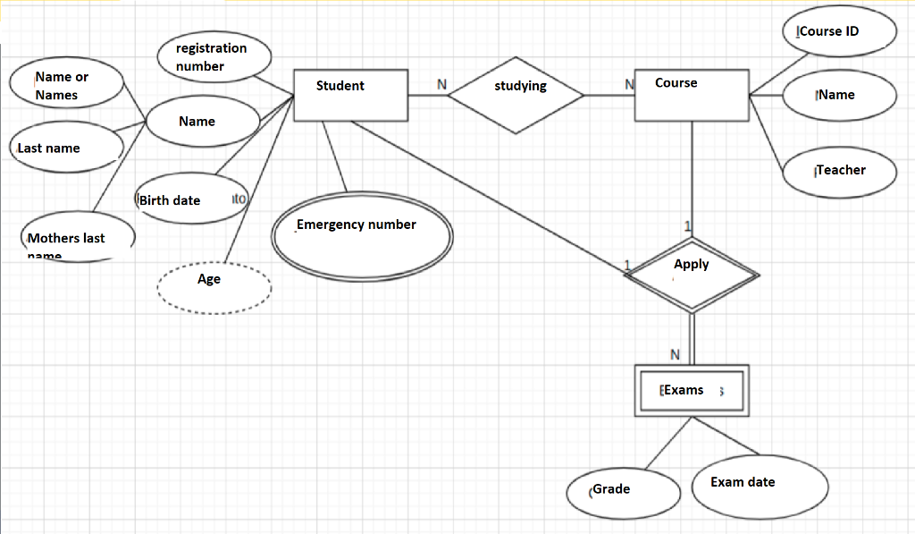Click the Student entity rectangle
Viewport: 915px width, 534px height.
point(350,94)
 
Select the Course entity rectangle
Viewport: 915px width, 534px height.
point(692,94)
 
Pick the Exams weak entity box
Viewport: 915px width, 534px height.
point(692,390)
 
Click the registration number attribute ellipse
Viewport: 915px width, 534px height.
point(214,56)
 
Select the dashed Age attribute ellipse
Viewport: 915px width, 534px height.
point(214,286)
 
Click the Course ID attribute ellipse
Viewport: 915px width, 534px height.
point(838,31)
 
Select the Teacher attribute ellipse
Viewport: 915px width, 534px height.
point(839,170)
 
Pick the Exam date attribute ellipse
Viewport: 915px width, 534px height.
point(749,485)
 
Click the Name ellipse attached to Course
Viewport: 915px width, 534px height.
point(839,95)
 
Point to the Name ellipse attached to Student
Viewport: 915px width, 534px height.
point(203,122)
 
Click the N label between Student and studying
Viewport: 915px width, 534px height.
point(441,84)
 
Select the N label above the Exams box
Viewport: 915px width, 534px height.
point(675,355)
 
